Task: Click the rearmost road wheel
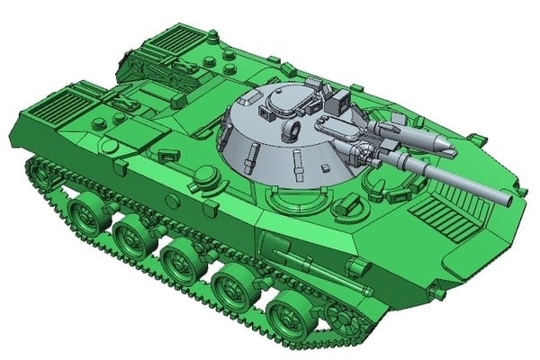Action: [85, 216]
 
